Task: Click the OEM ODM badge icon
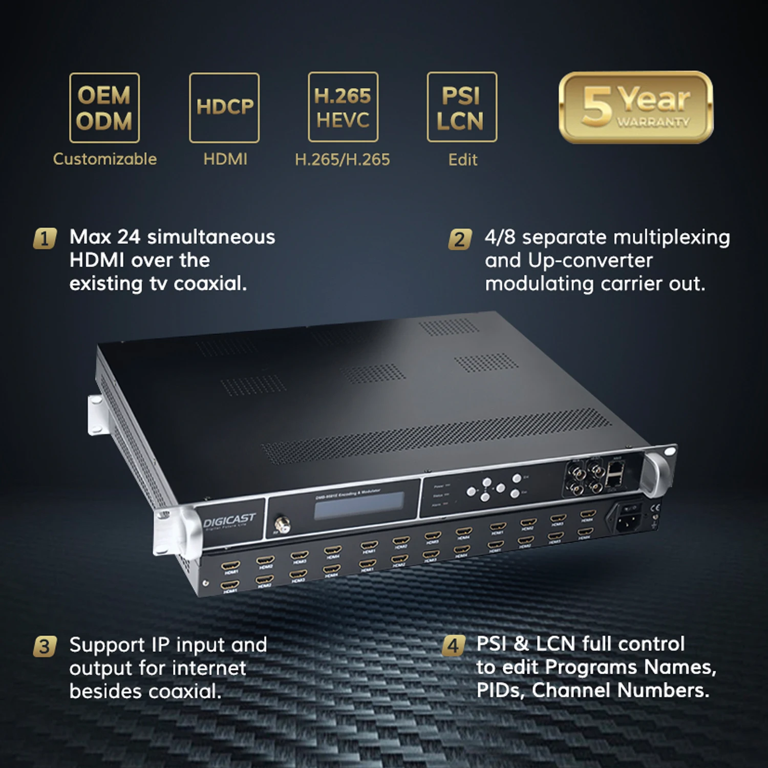[104, 108]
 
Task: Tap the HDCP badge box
[224, 108]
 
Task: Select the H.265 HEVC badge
[343, 107]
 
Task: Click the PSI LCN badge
[462, 107]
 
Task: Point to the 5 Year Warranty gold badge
[635, 107]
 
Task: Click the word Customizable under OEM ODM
[105, 159]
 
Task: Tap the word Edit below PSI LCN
[463, 160]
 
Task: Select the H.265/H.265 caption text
[342, 160]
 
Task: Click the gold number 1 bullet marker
[45, 239]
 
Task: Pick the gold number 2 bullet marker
[460, 240]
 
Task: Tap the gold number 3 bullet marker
[45, 646]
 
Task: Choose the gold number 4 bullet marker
[453, 646]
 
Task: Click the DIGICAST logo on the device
[229, 521]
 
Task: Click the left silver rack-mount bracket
[97, 415]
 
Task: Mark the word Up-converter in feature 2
[590, 261]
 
